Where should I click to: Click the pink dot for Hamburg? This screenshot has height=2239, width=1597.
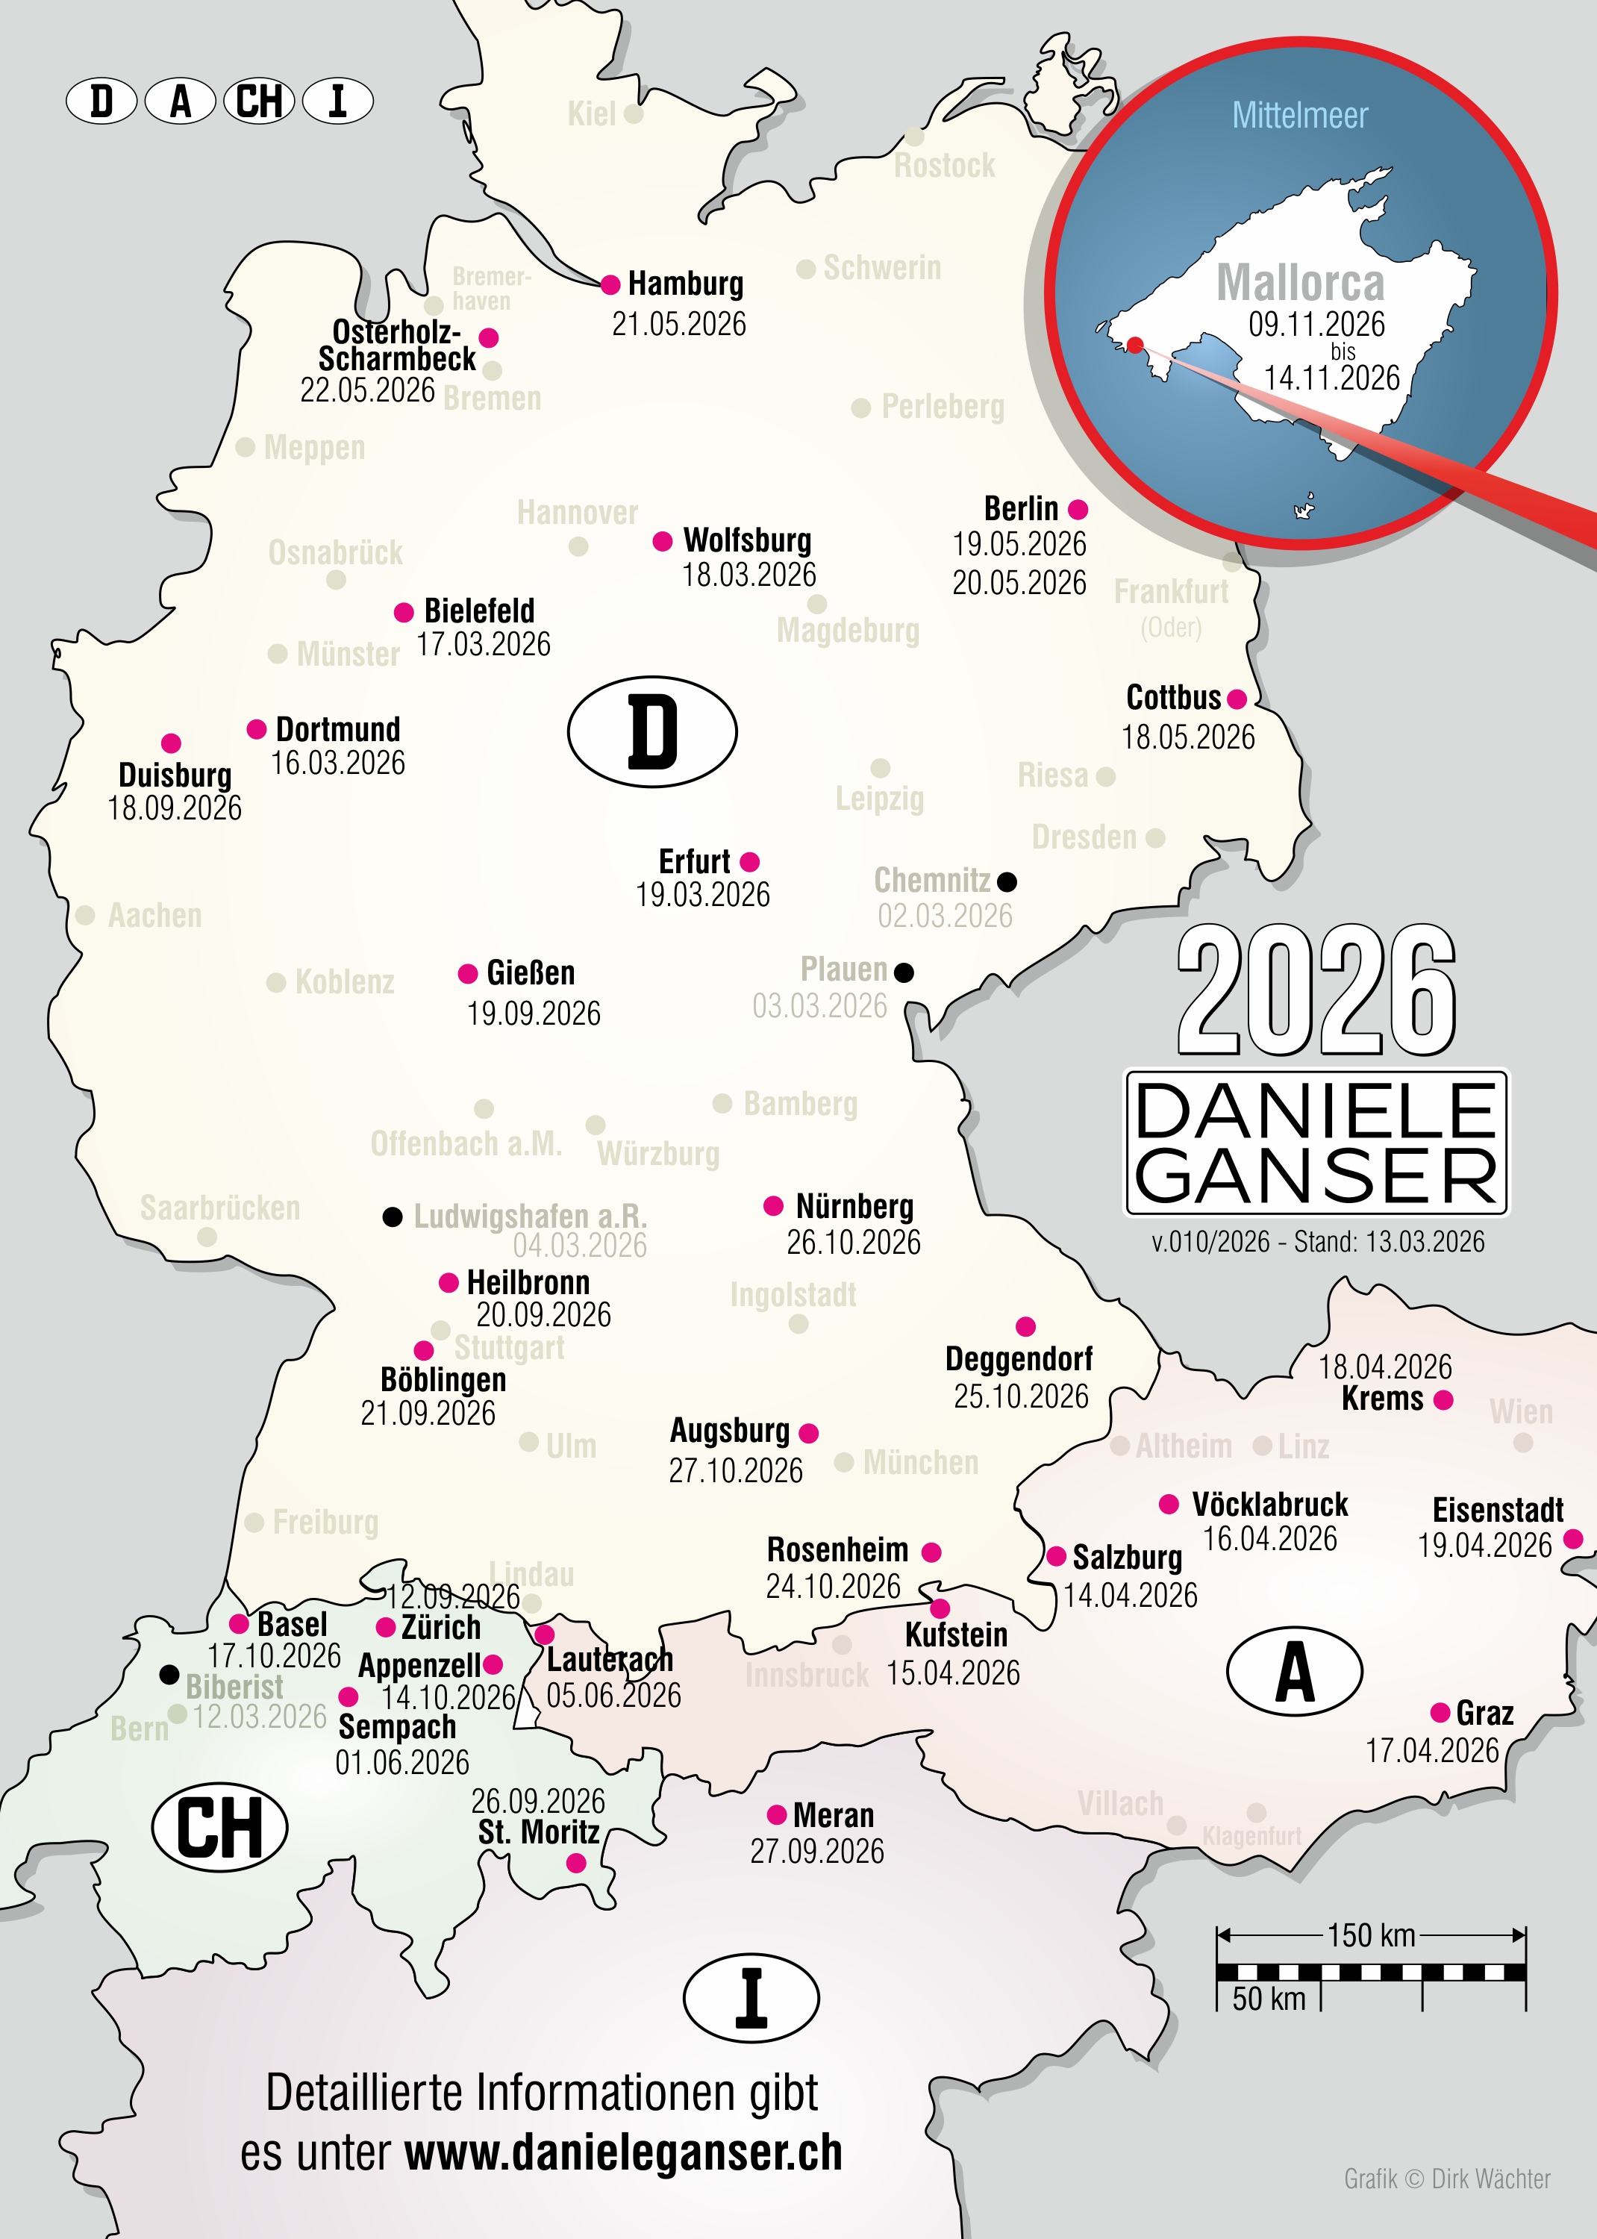click(610, 285)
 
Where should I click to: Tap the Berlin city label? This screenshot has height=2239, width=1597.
click(1021, 508)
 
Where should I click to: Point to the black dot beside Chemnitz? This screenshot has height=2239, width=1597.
click(1007, 881)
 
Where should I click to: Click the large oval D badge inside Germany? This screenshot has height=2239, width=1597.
click(652, 731)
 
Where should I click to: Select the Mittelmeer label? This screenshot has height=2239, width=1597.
click(1299, 116)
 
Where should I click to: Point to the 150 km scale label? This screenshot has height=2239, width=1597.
click(1371, 1934)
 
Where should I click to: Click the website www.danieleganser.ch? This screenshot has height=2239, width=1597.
click(623, 2152)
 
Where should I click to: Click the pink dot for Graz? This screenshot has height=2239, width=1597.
click(1440, 1713)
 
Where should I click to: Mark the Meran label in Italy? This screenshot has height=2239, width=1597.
click(833, 1814)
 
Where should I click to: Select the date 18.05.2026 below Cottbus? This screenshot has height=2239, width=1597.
click(1188, 737)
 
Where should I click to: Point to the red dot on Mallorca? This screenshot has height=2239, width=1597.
click(1135, 345)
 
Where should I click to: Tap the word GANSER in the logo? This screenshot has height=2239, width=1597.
click(1316, 1176)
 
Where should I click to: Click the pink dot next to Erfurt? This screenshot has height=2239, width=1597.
click(749, 862)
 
